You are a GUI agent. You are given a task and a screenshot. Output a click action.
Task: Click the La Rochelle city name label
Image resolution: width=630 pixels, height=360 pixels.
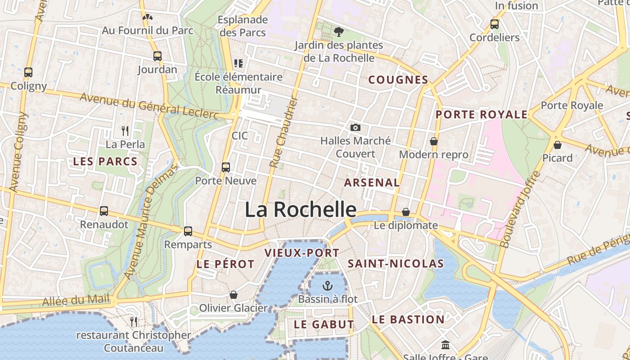(301, 210)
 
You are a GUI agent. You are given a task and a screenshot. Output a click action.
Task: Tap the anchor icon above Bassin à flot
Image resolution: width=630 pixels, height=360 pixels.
(328, 285)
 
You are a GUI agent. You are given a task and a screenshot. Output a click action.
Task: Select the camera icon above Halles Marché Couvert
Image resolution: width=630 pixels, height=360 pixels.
(355, 128)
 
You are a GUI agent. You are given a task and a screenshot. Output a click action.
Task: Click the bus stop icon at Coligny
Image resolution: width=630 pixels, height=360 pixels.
(28, 72)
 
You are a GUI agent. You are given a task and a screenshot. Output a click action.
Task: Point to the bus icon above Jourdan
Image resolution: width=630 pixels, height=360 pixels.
(157, 56)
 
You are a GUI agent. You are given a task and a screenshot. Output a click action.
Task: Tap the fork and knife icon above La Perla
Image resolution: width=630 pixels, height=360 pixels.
(125, 131)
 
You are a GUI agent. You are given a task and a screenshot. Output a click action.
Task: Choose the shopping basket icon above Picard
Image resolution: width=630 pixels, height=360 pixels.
(557, 145)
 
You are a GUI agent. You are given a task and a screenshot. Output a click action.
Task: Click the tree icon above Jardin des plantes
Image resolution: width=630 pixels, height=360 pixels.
(338, 31)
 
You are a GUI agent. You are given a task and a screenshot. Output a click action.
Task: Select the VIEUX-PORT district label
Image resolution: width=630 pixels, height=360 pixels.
(302, 253)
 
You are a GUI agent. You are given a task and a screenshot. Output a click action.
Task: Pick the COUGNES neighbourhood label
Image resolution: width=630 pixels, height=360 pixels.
(398, 80)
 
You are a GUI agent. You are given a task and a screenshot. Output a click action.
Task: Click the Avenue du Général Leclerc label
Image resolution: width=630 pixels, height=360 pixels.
(148, 106)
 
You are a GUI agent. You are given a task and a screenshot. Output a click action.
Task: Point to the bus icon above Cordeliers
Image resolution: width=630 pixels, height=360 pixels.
(495, 24)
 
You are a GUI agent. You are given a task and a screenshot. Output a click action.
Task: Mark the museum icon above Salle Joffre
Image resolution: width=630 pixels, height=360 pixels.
(445, 345)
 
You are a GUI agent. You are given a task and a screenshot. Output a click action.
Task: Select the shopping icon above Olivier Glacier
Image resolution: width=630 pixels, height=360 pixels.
(234, 295)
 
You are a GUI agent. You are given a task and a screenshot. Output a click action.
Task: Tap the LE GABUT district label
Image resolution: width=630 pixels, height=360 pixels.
(324, 324)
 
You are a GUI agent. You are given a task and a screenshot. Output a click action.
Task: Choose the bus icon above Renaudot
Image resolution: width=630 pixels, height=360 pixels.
(104, 211)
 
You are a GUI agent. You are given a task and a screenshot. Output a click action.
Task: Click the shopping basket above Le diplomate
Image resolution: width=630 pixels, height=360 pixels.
(406, 212)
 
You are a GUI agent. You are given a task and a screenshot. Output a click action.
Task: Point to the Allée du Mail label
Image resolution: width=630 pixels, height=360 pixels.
(76, 300)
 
